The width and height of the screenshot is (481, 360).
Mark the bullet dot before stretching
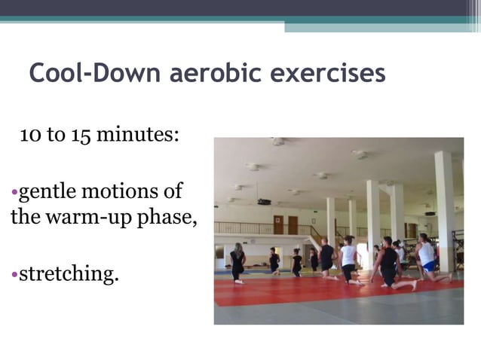[x=14, y=273]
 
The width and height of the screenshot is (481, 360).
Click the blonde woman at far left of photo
[x=237, y=262]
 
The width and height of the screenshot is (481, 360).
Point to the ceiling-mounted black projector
[x=264, y=202]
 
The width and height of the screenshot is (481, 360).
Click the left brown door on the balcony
[x=278, y=225]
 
